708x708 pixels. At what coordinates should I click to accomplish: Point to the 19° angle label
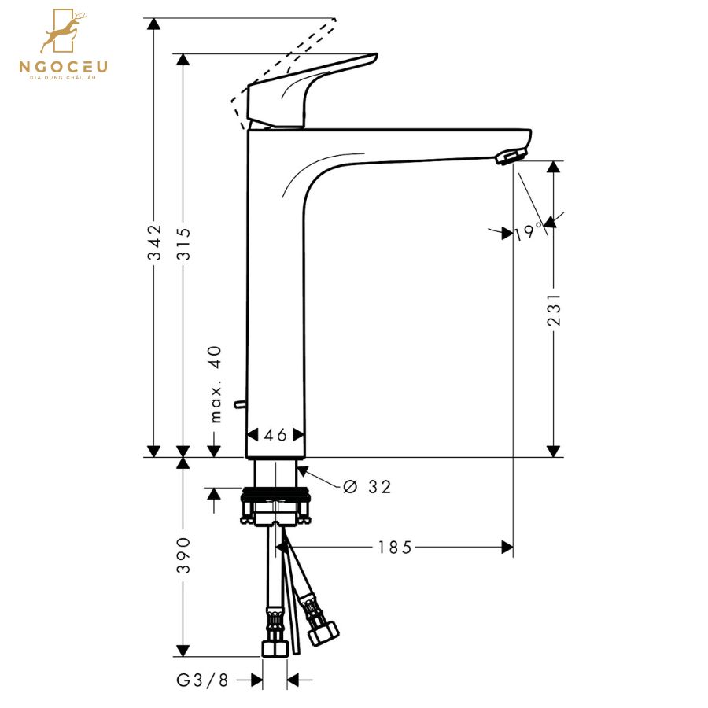pyautogui.click(x=528, y=232)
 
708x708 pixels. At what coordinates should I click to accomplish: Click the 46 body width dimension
pyautogui.click(x=275, y=435)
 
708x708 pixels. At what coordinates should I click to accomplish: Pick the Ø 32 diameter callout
pyautogui.click(x=367, y=487)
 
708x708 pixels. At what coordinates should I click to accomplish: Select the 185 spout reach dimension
pyautogui.click(x=395, y=547)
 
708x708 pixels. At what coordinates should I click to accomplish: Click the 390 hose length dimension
pyautogui.click(x=183, y=555)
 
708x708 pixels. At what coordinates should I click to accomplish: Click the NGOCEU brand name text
pyautogui.click(x=63, y=68)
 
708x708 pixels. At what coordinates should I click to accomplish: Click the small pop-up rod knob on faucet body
pyautogui.click(x=239, y=405)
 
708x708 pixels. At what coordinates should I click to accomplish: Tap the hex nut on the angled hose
pyautogui.click(x=323, y=632)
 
